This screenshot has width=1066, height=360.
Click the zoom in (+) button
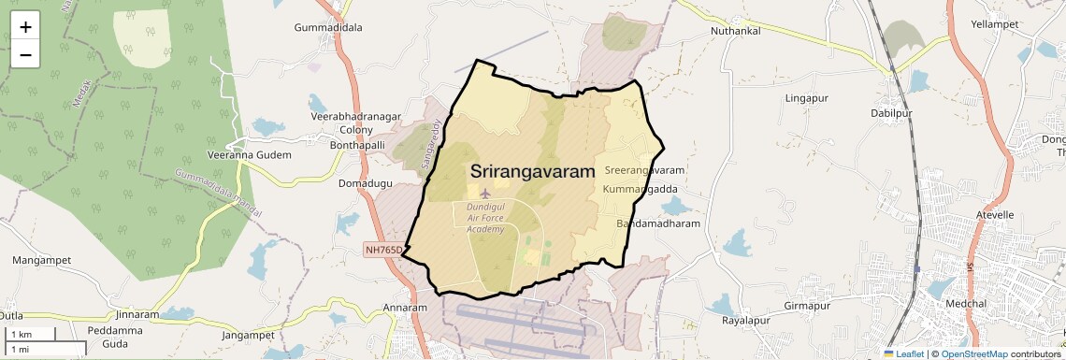[x=25, y=27]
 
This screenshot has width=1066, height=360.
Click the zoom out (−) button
[x=25, y=55]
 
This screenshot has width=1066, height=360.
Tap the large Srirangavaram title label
[x=533, y=171]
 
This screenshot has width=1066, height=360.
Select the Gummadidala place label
[x=328, y=27]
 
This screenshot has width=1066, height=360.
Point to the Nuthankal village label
[x=736, y=31]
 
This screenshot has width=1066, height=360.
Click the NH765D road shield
[x=383, y=250]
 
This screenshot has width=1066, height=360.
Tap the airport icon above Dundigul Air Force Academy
[x=484, y=193]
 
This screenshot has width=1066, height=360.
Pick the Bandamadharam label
[x=658, y=224]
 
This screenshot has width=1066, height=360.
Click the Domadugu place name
[x=366, y=183]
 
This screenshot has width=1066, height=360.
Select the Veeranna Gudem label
[x=250, y=154]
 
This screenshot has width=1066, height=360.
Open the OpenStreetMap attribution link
[x=974, y=353]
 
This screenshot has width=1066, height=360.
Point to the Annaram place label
[x=405, y=308]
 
